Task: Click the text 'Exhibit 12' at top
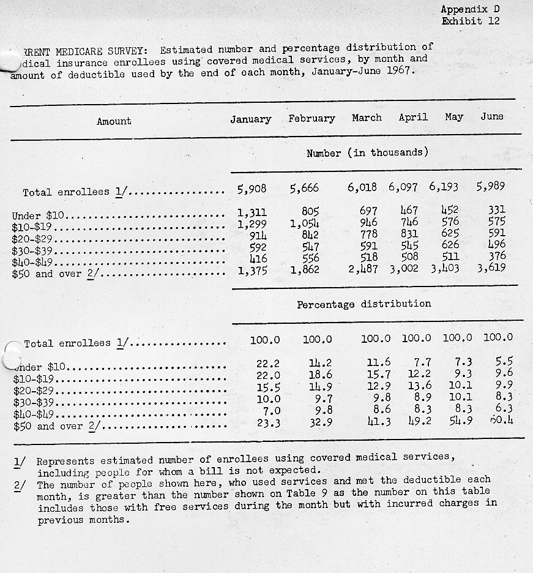470,21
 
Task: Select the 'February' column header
311,119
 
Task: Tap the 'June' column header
492,116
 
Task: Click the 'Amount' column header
114,121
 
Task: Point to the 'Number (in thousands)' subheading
367,153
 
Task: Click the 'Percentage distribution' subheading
363,304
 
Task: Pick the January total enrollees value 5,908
252,189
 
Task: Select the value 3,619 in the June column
491,267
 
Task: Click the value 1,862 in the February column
304,268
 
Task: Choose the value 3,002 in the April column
404,268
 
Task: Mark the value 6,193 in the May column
443,187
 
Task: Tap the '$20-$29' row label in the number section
32,239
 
